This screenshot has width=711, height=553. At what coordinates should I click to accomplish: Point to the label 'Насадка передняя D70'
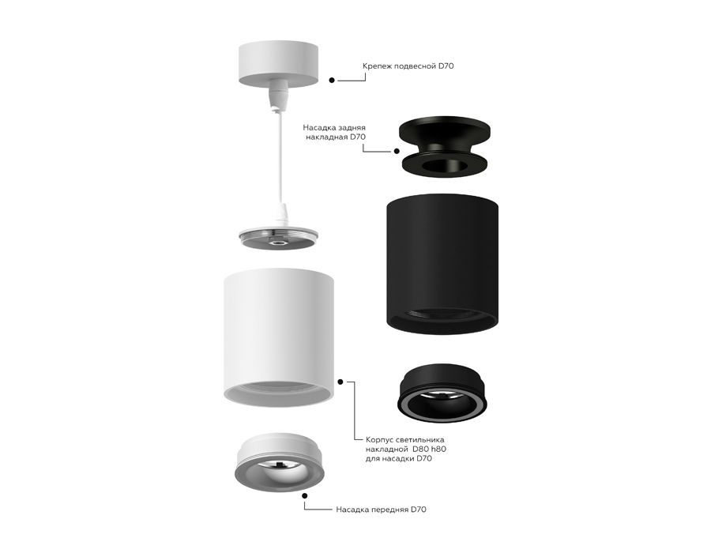(x=381, y=510)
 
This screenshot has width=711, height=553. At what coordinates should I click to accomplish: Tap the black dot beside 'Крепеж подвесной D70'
(x=332, y=80)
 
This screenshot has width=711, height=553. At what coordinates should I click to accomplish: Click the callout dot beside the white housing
(x=342, y=381)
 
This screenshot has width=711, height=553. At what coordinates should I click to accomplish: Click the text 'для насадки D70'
(x=399, y=459)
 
